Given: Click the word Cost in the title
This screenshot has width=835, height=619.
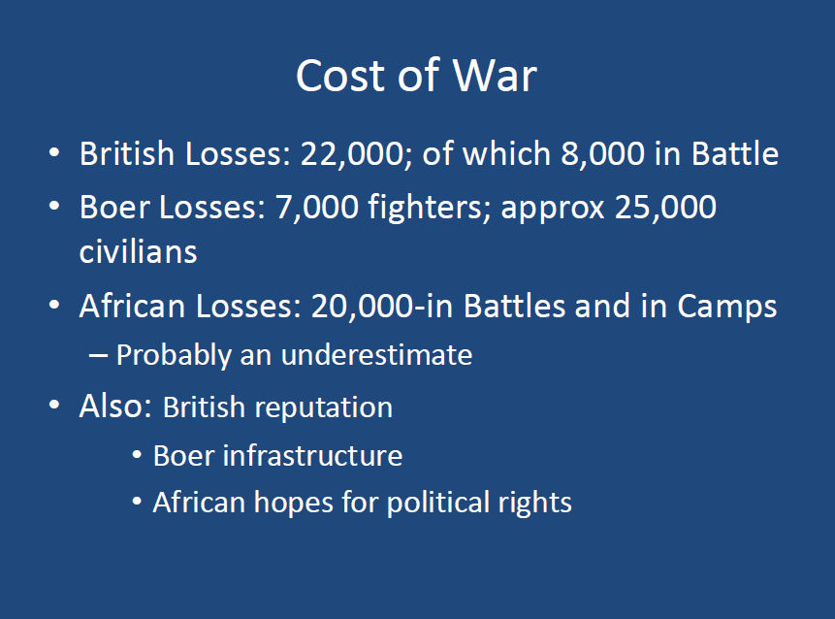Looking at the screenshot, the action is pos(340,76).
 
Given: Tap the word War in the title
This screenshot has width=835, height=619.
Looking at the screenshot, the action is pos(495,76).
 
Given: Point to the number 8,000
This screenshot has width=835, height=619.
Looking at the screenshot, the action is pos(602,154).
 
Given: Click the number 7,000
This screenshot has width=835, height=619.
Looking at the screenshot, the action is pos(317,208).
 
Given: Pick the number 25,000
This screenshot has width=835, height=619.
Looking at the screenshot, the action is pos(665,207).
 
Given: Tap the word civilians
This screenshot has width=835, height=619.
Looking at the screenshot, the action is pos(138,251).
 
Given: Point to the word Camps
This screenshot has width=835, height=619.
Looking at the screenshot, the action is pos(727,307).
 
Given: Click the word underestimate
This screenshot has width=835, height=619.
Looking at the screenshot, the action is pos(376,355).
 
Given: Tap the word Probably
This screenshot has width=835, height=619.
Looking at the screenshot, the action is pos(174,356).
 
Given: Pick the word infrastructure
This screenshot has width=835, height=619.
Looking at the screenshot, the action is pos(312,455).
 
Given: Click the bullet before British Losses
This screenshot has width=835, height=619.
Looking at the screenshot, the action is pos(54,153).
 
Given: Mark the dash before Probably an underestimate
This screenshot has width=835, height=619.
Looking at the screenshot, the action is pos(98,356).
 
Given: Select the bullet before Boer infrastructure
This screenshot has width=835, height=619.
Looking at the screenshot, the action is pos(137,455).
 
